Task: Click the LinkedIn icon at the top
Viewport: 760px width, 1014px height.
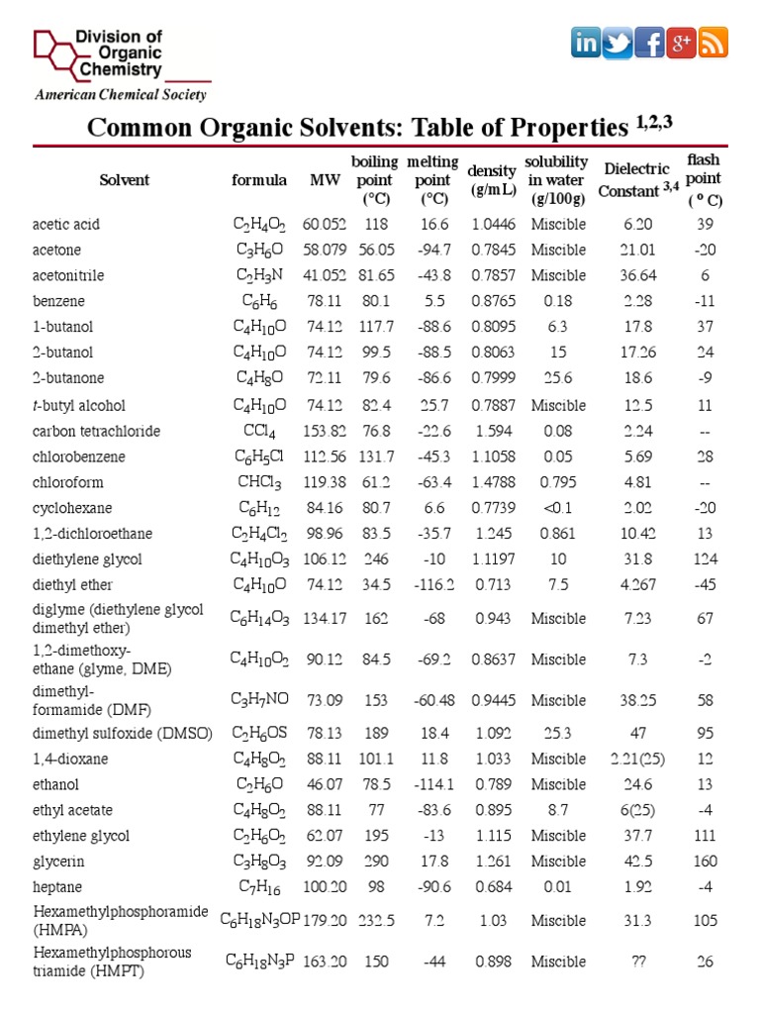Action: (x=586, y=44)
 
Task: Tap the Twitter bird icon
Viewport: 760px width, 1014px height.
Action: (x=617, y=44)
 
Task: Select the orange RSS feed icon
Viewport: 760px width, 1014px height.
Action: (x=713, y=44)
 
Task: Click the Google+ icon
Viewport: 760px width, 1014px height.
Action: (x=681, y=44)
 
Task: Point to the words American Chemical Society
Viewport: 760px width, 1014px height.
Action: (x=121, y=95)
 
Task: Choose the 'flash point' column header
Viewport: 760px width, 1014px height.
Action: (x=704, y=179)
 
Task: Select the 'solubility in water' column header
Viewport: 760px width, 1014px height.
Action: (x=557, y=179)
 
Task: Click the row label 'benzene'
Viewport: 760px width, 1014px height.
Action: (x=58, y=301)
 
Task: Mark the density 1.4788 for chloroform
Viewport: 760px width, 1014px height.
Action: (x=492, y=483)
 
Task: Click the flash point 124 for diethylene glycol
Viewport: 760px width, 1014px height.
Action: (x=704, y=559)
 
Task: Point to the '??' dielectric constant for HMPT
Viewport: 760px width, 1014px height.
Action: (x=639, y=962)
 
